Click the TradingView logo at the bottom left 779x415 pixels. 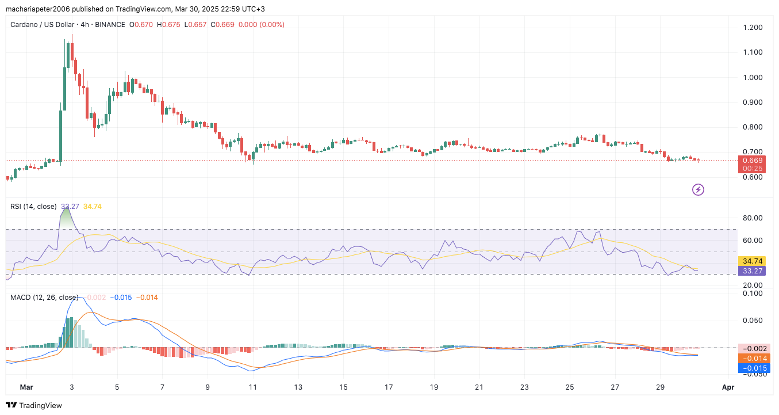[x=34, y=405]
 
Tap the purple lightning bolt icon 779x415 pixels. [x=698, y=189]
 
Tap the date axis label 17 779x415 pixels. [x=389, y=387]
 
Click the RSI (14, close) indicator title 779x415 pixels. [x=33, y=206]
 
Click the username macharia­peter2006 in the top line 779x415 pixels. [x=44, y=9]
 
